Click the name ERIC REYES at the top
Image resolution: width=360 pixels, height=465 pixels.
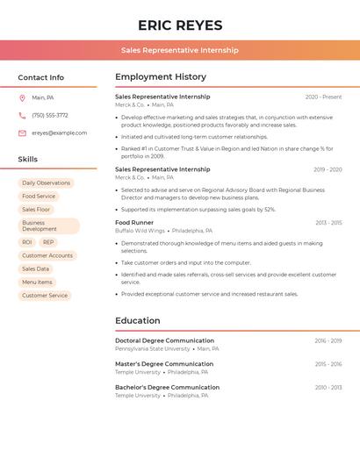coord(180,25)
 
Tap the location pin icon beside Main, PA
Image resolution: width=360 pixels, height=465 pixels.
coord(22,97)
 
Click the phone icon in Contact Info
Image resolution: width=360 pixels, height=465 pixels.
coord(22,115)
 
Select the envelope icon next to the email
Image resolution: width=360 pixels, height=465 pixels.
coord(22,133)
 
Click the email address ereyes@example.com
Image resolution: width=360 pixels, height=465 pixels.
coord(59,133)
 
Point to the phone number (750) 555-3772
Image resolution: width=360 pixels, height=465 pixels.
coord(50,115)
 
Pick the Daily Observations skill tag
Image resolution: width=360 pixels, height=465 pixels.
coord(46,183)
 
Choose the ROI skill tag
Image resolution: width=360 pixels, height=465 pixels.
coord(27,242)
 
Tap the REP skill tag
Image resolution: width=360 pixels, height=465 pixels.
coord(48,242)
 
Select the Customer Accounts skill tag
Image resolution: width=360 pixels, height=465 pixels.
coord(47,255)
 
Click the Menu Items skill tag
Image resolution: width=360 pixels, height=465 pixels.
coord(37,283)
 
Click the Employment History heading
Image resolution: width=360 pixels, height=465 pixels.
coord(161,76)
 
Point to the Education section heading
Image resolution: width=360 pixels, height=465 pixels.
coord(138,320)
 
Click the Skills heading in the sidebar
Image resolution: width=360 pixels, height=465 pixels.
coord(28,160)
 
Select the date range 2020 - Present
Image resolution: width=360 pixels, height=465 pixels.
coord(323,97)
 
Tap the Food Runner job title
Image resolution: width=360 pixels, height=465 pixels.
coord(134,223)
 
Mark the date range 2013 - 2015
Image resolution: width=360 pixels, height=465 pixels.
coord(328,223)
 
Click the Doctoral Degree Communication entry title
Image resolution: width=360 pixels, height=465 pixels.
coord(164,340)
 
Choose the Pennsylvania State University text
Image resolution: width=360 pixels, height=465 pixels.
coord(152,348)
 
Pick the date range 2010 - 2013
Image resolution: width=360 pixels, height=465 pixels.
coord(328,387)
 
